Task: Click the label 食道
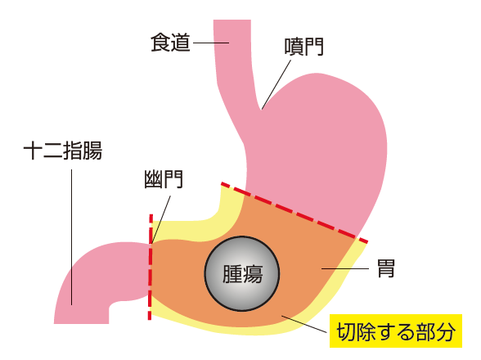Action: [x=170, y=43]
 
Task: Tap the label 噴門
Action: [x=304, y=47]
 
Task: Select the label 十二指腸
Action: [x=63, y=151]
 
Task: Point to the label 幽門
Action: [x=164, y=179]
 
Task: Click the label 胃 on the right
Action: [x=385, y=268]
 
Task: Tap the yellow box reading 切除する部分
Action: [x=396, y=331]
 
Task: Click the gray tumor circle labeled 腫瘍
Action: [x=242, y=274]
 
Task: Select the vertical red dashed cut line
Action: [x=151, y=267]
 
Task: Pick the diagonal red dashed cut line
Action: [x=294, y=213]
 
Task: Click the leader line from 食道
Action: [x=211, y=43]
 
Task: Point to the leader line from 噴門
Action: [x=276, y=85]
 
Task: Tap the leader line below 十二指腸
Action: [x=72, y=237]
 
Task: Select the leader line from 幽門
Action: [x=161, y=220]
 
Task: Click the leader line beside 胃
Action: [x=345, y=268]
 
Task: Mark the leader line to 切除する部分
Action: [x=304, y=324]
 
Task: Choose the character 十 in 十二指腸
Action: [x=33, y=151]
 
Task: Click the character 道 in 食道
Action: [x=181, y=43]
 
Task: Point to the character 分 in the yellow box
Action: [x=445, y=331]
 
